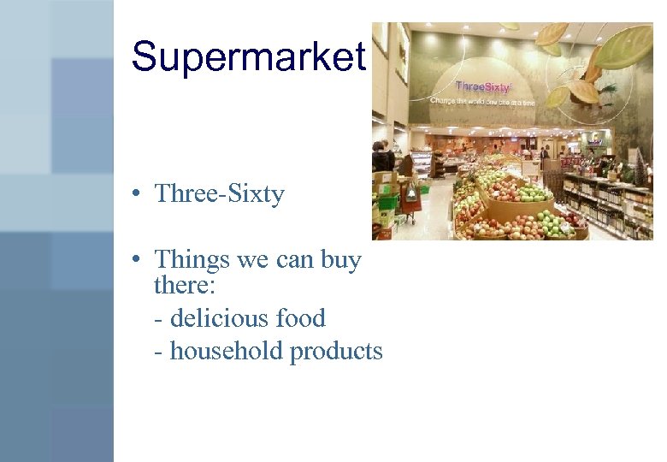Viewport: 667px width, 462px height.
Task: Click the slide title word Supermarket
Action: [x=248, y=57]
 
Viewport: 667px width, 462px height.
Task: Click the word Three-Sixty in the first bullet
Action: [x=219, y=194]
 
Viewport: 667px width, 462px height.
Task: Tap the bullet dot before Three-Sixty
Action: [x=138, y=195]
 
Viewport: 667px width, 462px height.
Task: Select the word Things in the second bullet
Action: [x=192, y=259]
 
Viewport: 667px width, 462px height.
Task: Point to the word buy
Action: [x=341, y=259]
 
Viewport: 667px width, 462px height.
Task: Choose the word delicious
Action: [x=219, y=318]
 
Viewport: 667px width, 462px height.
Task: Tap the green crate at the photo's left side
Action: [x=387, y=203]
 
